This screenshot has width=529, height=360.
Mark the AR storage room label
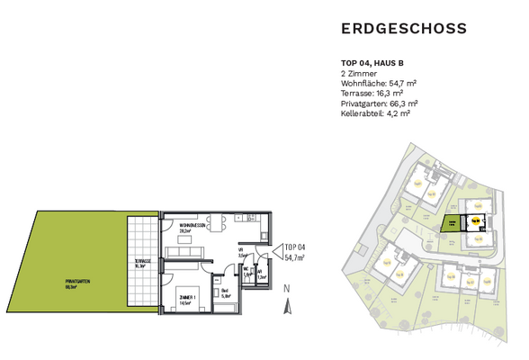coord(260,274)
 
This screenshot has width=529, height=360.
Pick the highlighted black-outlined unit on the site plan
coord(474,220)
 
